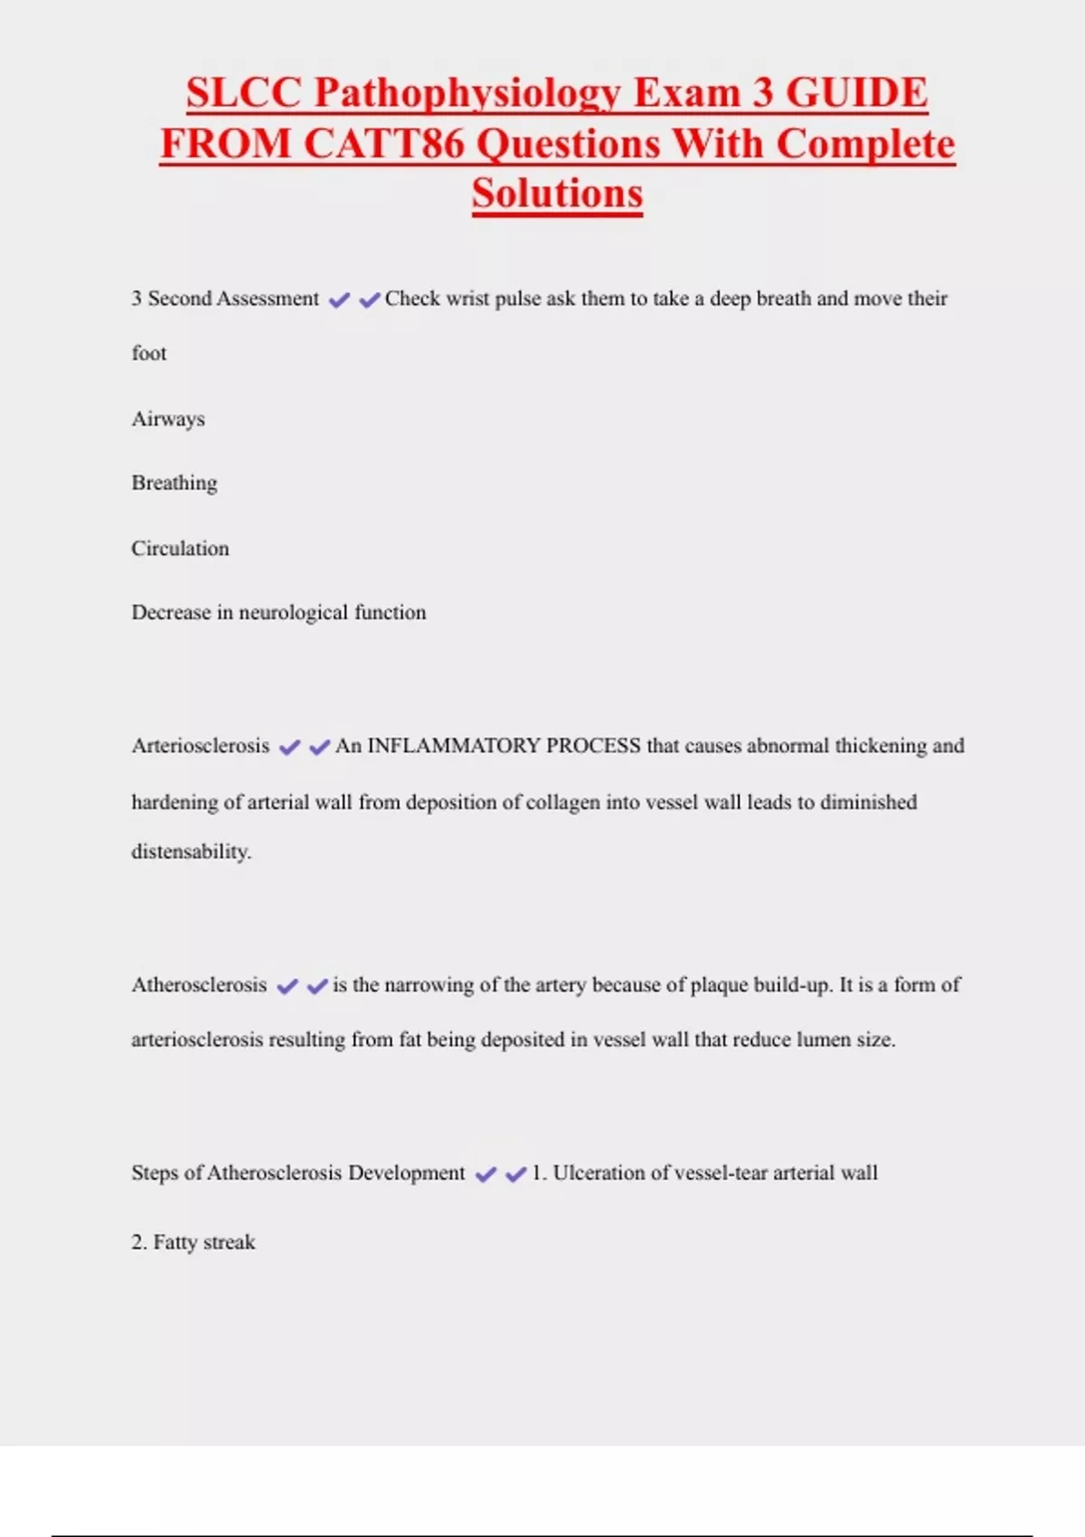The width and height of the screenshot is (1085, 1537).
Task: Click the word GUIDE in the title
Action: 856,93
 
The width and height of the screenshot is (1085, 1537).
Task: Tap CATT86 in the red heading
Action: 383,144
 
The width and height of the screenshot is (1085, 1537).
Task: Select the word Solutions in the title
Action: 557,193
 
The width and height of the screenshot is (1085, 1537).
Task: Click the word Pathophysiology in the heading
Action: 468,93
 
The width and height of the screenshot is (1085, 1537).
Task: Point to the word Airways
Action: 168,419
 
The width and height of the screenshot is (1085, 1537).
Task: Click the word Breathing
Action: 175,483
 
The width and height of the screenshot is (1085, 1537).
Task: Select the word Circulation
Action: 180,548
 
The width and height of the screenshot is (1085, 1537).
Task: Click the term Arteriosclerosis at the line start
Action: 201,746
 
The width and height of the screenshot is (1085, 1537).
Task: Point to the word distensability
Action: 191,852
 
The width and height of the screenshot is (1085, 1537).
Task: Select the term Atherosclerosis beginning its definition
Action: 199,985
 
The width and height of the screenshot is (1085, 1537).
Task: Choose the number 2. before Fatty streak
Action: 139,1242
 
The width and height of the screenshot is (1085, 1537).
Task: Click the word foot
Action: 149,354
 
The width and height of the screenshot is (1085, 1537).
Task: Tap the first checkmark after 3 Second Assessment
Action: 339,300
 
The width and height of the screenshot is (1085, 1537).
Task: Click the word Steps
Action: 155,1173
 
